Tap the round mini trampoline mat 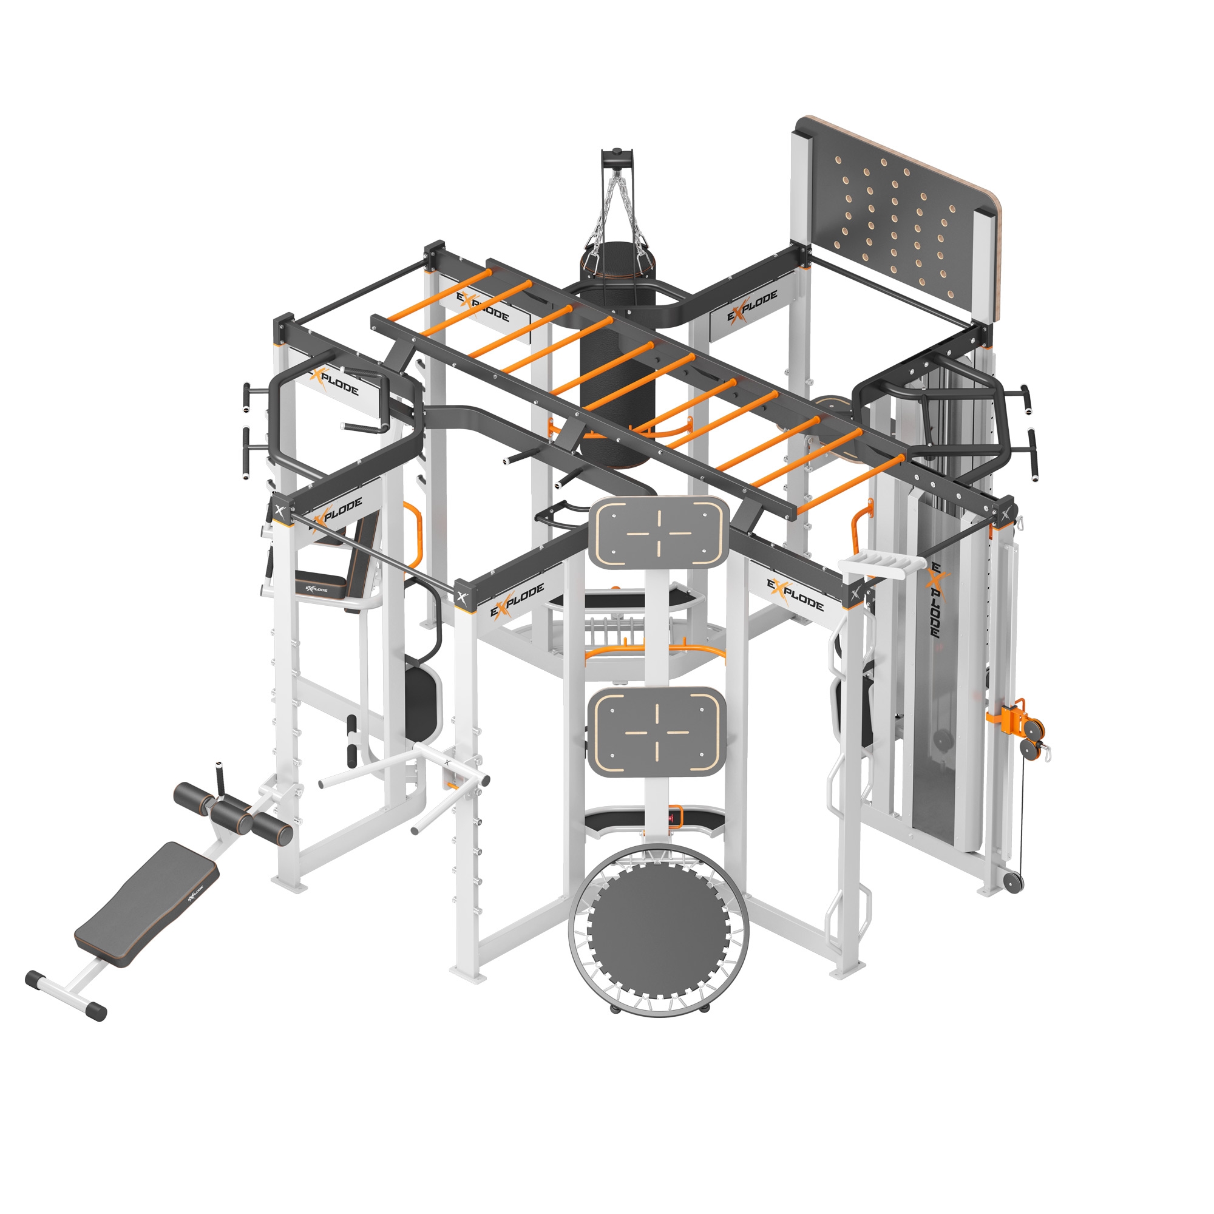click(658, 931)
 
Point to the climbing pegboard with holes click(895, 219)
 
